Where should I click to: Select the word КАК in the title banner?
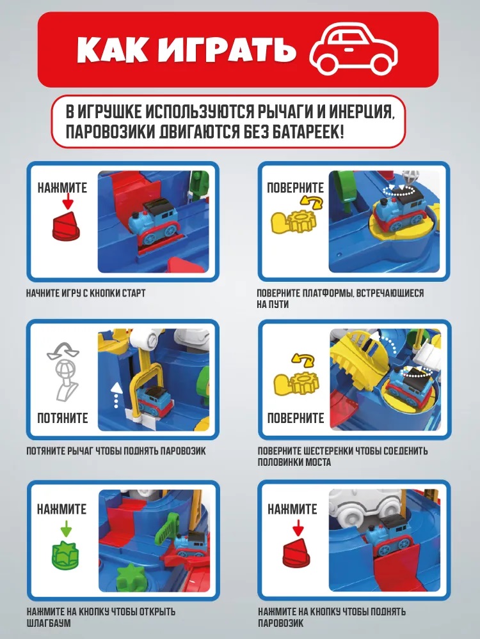coord(112,50)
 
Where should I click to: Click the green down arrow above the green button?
coord(66,529)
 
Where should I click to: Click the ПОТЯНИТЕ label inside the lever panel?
coord(63,418)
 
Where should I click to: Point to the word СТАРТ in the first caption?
coord(134,293)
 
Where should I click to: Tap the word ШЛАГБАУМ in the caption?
coord(49,623)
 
